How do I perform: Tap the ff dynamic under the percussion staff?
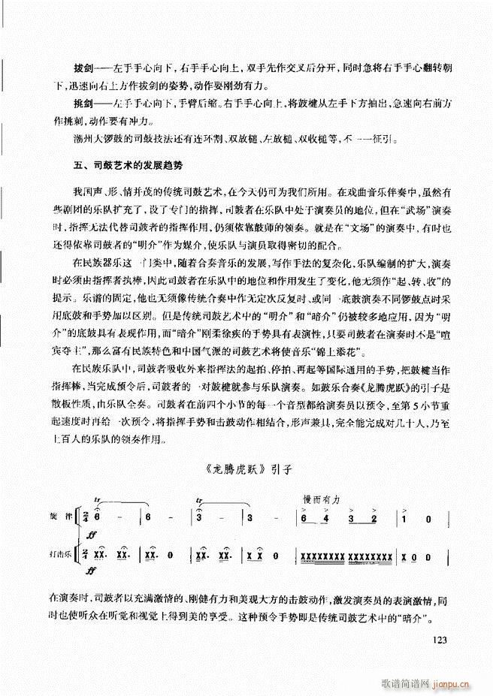[92, 571]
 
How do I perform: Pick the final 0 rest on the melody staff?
[428, 519]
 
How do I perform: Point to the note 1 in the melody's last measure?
[404, 519]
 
